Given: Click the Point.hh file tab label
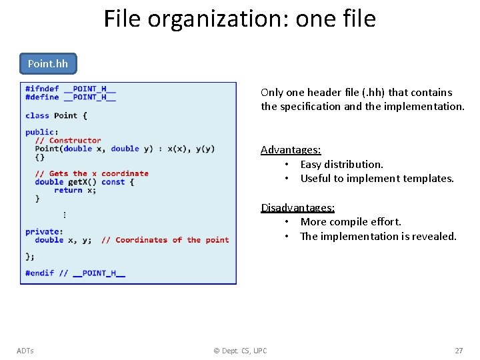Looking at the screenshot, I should click(48, 64).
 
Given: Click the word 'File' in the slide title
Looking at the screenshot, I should click(123, 19).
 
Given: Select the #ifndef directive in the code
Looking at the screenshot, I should click(42, 89).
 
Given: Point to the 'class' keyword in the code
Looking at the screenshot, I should click(37, 115).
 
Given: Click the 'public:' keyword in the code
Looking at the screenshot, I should click(41, 132).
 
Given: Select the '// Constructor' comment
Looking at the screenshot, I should click(68, 141).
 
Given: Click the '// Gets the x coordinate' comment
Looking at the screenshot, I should click(92, 173).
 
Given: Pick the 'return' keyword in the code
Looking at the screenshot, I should click(68, 190).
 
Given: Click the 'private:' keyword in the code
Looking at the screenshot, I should click(44, 231).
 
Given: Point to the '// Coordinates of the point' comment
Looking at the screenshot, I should click(165, 240).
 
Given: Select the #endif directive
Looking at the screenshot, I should click(39, 273).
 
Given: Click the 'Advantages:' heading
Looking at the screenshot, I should click(291, 150).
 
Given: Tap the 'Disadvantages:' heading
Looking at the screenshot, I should click(297, 207).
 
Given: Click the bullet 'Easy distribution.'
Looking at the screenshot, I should click(341, 164).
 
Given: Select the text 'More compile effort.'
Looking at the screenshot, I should click(351, 221).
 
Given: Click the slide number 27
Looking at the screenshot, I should click(459, 351).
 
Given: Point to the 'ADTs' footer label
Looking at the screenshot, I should click(25, 351).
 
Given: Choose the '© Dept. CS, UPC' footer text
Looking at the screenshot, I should click(240, 351).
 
